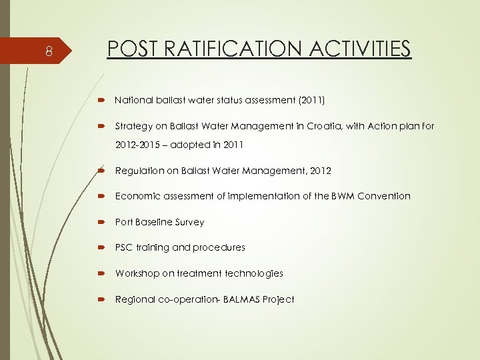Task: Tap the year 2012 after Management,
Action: [x=319, y=171]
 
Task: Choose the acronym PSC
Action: [x=123, y=247]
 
